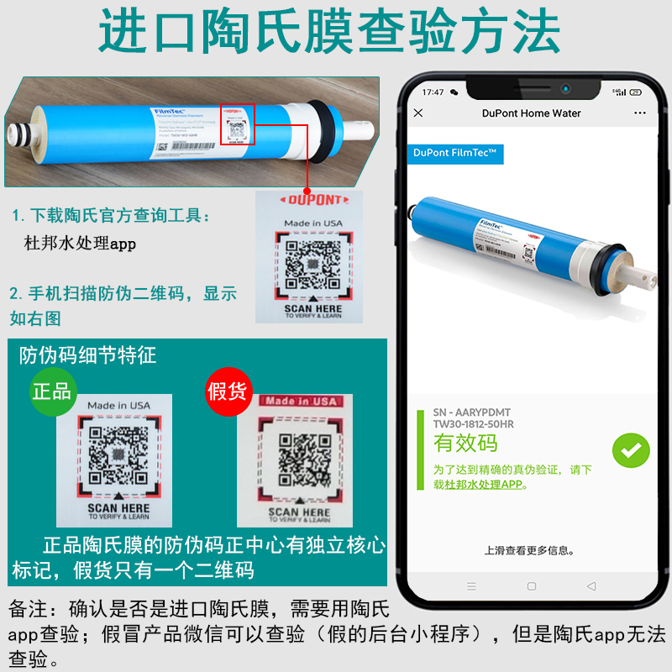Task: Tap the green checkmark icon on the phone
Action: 630,450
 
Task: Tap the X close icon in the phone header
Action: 419,113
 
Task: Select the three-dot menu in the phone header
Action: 640,113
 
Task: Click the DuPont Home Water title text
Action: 531,113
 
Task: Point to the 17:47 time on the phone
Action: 433,92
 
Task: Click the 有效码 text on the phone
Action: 466,443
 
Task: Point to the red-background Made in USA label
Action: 300,402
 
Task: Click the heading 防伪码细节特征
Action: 88,355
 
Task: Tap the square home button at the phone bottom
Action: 531,585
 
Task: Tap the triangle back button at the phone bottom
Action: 591,585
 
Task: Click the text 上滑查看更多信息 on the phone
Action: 529,551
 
